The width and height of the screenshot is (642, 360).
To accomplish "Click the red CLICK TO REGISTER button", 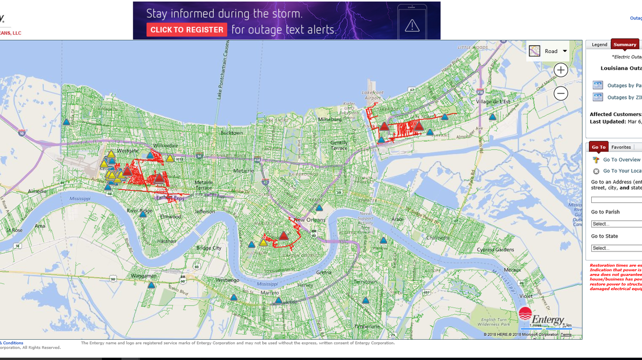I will tap(187, 30).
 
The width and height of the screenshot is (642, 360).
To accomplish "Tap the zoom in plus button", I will tap(561, 70).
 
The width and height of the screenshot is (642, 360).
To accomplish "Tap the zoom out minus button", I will tap(561, 94).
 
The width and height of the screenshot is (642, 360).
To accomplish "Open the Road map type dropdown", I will tap(548, 51).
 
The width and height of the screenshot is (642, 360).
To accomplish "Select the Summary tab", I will tap(624, 45).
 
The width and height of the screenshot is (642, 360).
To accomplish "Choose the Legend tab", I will tap(599, 45).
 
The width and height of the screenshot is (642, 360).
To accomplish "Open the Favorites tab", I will tap(621, 147).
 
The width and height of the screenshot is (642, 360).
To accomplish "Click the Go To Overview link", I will tap(621, 160).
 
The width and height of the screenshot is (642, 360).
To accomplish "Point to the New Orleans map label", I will tap(309, 220).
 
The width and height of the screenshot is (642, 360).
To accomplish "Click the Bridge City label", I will tap(209, 248).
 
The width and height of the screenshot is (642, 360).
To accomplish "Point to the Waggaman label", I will tap(144, 276).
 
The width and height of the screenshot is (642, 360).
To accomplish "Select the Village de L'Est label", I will tap(493, 102).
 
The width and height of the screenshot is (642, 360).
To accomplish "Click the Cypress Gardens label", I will tap(495, 250).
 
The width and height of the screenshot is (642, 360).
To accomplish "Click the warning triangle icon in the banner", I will tap(412, 25).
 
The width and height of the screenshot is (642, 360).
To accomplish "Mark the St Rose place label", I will tap(14, 230).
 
